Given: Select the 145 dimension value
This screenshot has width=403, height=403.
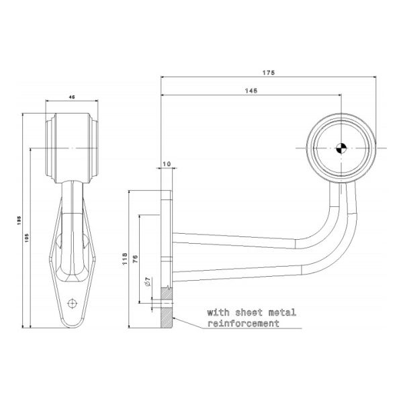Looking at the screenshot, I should coord(250,90).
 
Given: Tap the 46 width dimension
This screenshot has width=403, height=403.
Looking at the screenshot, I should coord(71,98).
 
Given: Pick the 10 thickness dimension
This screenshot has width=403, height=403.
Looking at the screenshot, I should coord(167,164).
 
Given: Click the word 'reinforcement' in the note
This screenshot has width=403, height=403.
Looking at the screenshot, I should coord(243,324).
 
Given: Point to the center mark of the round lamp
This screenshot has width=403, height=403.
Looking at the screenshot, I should coord(341,148).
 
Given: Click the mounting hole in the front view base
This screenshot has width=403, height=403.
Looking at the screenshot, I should coord(72,302).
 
